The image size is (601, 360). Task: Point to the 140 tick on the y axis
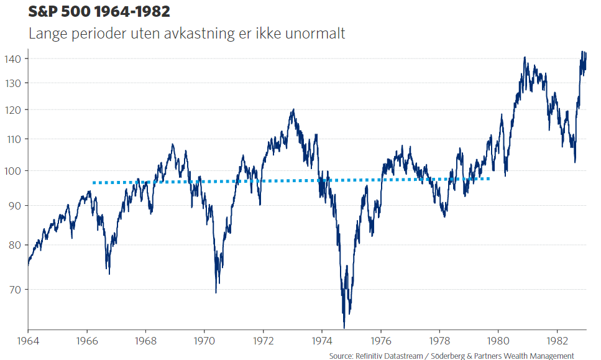pos(14,58)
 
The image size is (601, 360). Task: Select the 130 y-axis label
pos(14,83)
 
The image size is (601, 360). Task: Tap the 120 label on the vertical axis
pos(14,110)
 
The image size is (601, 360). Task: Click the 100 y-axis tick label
pos(14,171)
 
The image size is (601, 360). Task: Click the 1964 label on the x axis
pos(28,341)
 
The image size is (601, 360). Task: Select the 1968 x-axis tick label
pos(145,341)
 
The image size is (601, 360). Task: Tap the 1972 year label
pos(263,341)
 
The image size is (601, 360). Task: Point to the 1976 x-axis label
pos(380,341)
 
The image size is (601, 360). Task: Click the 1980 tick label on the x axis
pos(498,341)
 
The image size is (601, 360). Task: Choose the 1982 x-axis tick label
pos(556,341)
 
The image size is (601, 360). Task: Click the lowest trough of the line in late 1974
pos(344,327)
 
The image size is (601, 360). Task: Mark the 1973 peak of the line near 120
pos(293,110)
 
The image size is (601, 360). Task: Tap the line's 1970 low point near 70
pos(216,292)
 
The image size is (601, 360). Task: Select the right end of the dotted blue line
pos(489,179)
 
